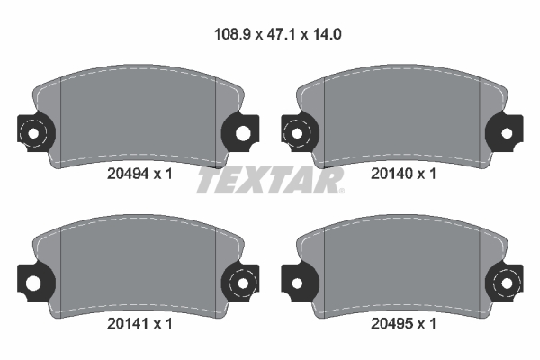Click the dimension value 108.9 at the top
(x=232, y=34)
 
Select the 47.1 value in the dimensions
(x=281, y=34)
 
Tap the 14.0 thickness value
(x=328, y=34)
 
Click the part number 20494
(x=128, y=174)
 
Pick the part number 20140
(x=391, y=174)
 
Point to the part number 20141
(x=128, y=323)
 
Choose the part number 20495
(x=391, y=323)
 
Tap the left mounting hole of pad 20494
(x=33, y=133)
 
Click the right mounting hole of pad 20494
(x=243, y=133)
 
